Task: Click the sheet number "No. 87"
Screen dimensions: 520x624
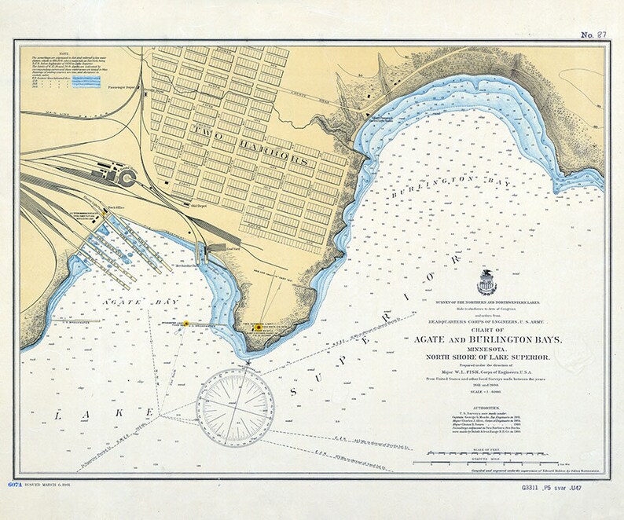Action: click(x=595, y=35)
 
